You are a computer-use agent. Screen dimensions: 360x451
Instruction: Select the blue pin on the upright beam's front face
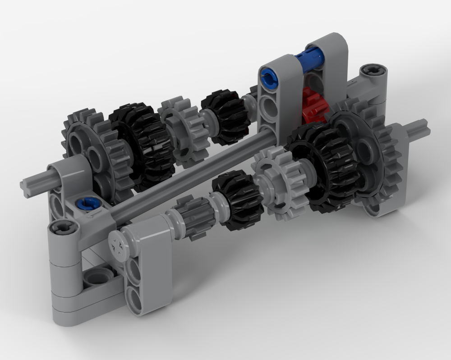coord(269,76)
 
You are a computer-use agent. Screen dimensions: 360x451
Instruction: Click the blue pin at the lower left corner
coord(84,204)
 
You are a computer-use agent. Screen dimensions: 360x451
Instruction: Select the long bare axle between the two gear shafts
coord(194,176)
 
